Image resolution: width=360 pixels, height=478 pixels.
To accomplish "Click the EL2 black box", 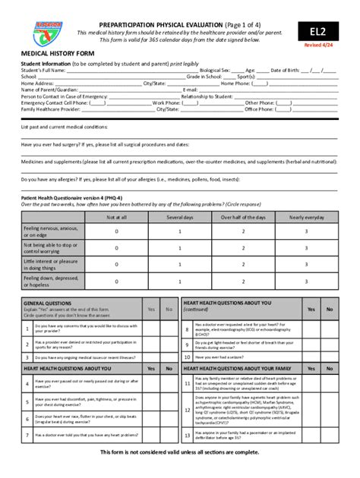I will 323,32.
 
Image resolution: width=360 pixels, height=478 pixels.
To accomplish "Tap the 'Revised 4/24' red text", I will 323,46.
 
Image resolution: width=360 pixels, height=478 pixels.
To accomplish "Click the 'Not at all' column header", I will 117,217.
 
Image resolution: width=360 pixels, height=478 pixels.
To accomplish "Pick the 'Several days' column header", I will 180,217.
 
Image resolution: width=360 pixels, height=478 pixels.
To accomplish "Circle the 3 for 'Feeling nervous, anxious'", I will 306,231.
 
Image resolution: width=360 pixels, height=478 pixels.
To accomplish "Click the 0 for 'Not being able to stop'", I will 117,249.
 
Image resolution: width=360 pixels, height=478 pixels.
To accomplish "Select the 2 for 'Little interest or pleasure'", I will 243,266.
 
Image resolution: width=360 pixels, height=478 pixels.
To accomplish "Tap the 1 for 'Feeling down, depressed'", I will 180,283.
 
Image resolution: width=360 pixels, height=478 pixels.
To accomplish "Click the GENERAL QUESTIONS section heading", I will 49,303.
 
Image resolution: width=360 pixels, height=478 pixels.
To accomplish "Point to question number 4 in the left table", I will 27,383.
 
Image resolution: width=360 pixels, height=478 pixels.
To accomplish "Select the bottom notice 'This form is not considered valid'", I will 180,452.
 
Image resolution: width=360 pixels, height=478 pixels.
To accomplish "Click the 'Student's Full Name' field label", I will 41,70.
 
